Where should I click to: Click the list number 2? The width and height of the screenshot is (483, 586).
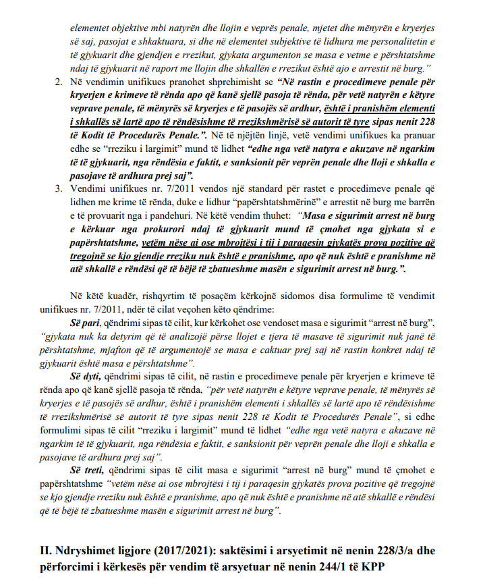(x=57, y=81)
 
